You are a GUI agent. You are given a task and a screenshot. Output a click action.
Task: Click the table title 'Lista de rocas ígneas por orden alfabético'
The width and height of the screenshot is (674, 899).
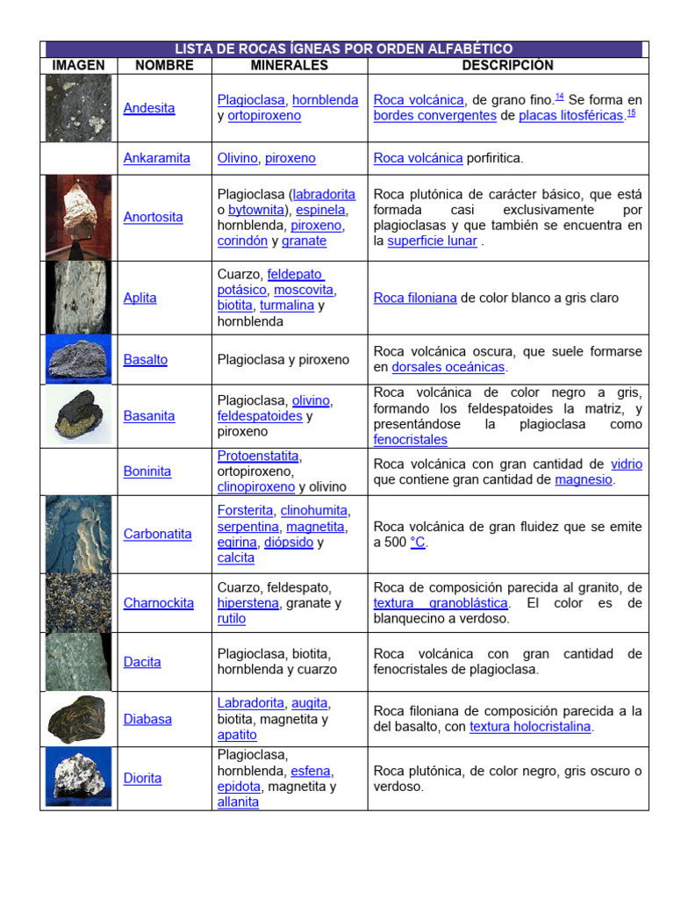pos(343,49)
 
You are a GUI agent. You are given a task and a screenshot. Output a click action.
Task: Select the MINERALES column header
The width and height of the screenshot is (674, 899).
pos(289,66)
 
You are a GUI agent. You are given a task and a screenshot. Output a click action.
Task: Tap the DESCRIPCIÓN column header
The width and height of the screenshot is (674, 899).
pos(507,66)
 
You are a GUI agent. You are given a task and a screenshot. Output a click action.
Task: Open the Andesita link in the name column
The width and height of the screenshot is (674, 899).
pos(149,108)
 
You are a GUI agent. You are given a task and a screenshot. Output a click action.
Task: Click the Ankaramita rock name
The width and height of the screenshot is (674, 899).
pos(156,158)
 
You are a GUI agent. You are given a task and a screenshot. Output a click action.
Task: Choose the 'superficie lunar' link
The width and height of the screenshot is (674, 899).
pos(432,241)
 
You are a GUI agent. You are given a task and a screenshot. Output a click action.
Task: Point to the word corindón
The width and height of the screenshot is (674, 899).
pos(242,241)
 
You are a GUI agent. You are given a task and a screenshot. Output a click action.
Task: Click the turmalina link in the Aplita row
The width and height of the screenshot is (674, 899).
pos(286,306)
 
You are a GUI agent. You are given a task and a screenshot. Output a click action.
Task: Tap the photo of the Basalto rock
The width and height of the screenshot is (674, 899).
pos(79,359)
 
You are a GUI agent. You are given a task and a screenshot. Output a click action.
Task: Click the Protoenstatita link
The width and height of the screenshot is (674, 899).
pos(258,456)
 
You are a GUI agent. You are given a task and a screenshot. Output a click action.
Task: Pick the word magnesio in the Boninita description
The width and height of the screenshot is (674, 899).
pos(584,479)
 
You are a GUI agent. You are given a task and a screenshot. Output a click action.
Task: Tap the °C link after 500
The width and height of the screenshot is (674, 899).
pos(418,543)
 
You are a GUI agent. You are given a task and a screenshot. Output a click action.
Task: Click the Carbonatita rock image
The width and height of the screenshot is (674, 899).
pos(79,534)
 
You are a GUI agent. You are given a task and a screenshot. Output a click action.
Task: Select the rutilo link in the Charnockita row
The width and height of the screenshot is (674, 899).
pos(232,618)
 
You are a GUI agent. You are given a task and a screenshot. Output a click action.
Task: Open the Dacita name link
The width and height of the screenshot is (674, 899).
pos(142,662)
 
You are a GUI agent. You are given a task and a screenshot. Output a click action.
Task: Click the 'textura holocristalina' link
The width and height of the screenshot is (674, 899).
pos(530,727)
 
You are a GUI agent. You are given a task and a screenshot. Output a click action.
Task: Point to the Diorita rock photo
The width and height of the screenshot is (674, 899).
pos(79,777)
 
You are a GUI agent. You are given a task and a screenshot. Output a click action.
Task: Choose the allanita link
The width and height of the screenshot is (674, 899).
pos(238,802)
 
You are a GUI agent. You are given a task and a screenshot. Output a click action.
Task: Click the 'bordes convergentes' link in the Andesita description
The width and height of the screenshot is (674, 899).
pos(434,116)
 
